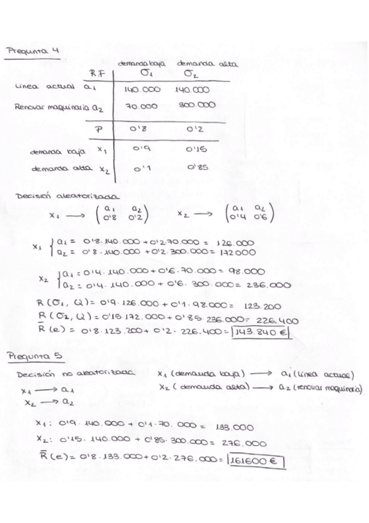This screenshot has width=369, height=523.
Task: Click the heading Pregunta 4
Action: tap(31, 52)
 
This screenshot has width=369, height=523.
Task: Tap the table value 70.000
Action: tap(143, 106)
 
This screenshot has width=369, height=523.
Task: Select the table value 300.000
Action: tap(197, 105)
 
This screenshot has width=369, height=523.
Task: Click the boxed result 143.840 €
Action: tap(267, 335)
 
